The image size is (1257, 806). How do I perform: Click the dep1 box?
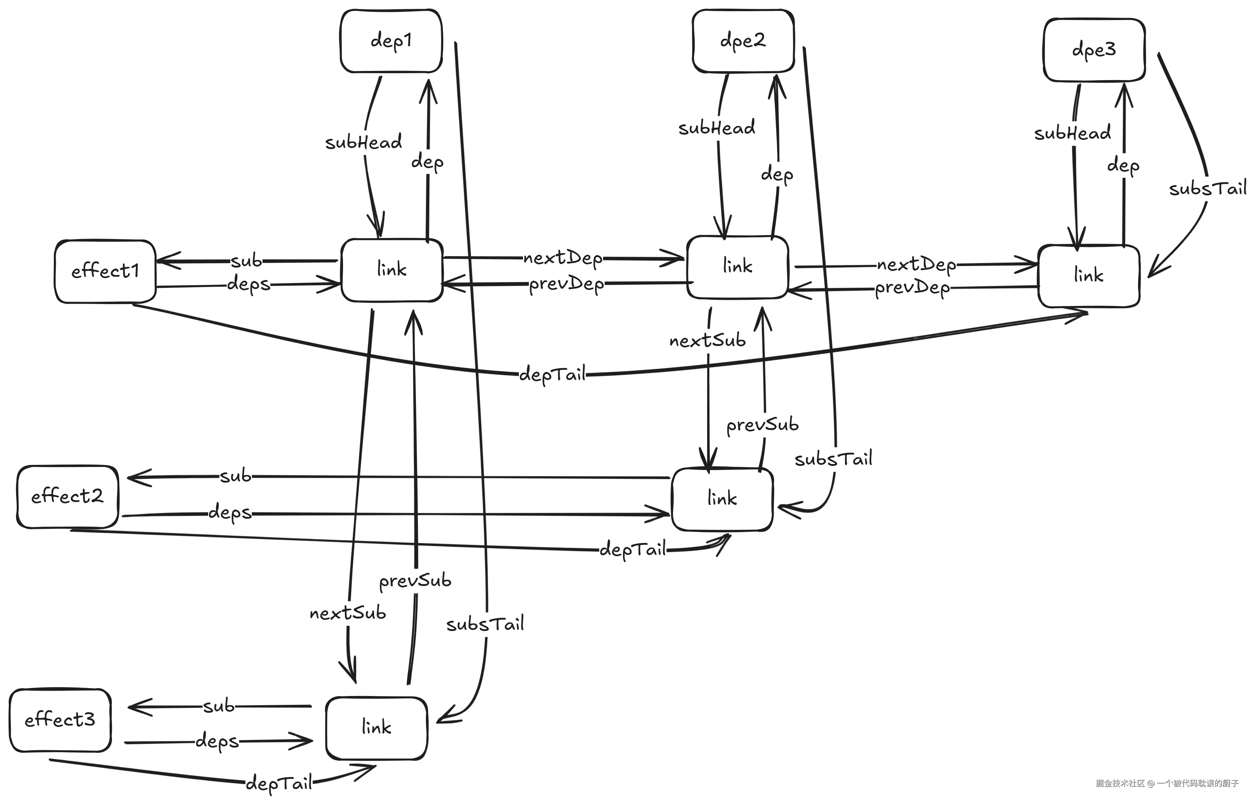click(391, 41)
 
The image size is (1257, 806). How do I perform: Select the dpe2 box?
click(743, 41)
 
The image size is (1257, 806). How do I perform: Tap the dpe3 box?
click(1094, 50)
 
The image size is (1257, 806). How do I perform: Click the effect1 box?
click(105, 272)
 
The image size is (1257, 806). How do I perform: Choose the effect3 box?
click(60, 720)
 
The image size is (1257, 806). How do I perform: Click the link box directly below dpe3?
click(1089, 276)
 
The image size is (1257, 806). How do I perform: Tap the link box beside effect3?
click(376, 728)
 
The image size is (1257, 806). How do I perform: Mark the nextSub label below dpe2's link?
click(707, 341)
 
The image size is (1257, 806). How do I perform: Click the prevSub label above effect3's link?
click(415, 581)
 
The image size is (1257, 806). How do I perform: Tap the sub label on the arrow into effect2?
click(235, 476)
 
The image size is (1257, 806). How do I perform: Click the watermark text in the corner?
click(1167, 797)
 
